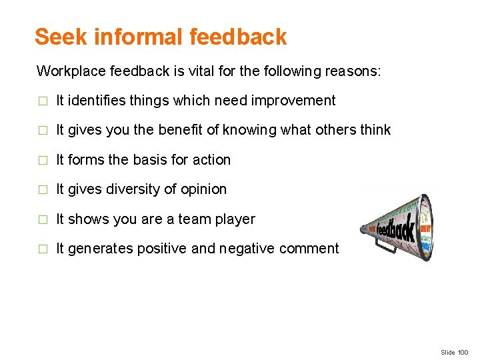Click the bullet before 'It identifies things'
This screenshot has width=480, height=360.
tap(42, 101)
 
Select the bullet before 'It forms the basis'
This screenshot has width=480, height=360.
tap(42, 161)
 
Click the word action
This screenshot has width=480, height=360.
tap(211, 160)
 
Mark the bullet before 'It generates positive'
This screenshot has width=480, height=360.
tap(42, 249)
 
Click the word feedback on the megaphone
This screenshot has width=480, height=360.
tap(395, 230)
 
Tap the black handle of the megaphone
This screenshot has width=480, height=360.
tap(385, 246)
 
